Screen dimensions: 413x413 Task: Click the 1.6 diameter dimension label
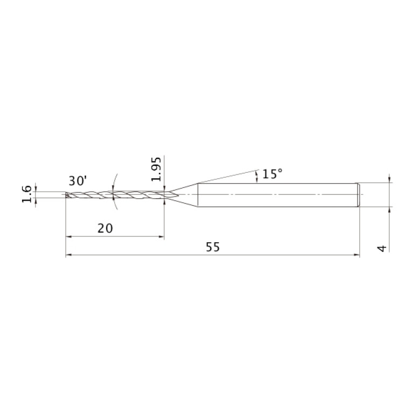point(27,194)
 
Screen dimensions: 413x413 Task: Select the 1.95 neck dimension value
point(156,169)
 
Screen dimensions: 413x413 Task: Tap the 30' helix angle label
point(78,181)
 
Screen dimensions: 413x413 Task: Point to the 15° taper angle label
point(272,174)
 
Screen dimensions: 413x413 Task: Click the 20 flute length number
point(105,228)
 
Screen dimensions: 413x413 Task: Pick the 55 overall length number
point(212,247)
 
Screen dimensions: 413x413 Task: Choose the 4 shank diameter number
point(382,248)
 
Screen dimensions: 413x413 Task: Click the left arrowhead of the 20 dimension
point(69,236)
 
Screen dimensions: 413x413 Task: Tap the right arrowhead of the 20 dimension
point(161,236)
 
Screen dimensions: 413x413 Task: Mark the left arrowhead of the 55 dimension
point(69,255)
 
